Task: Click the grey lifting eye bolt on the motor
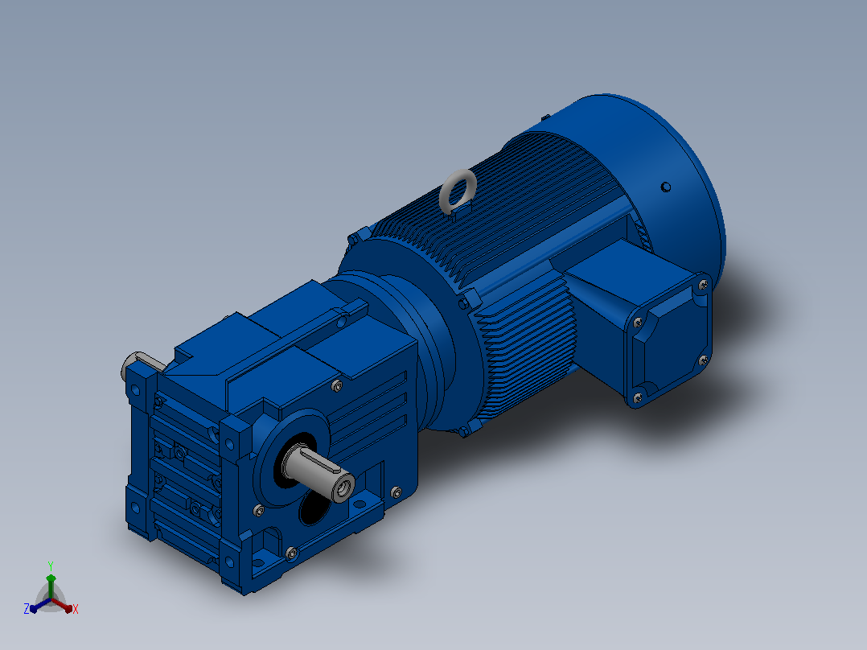[x=458, y=191]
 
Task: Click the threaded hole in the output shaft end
[x=344, y=488]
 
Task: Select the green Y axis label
[x=51, y=566]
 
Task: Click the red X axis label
[x=76, y=609]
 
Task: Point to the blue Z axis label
[x=27, y=608]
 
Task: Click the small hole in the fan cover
[x=666, y=187]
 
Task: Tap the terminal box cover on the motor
[x=667, y=339]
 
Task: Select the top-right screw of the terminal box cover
[x=703, y=285]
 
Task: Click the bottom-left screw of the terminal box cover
[x=637, y=397]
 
